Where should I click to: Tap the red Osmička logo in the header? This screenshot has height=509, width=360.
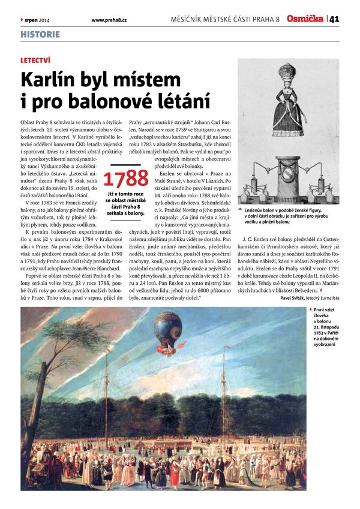coord(305,19)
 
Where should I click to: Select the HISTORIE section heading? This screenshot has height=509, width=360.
coord(40,34)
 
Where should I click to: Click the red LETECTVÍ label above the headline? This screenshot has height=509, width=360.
coord(35,61)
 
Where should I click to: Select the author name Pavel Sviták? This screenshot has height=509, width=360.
coord(294,297)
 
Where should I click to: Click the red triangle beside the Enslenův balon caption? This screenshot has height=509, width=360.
coord(241,210)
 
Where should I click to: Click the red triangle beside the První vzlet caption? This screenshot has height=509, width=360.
coord(308,310)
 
